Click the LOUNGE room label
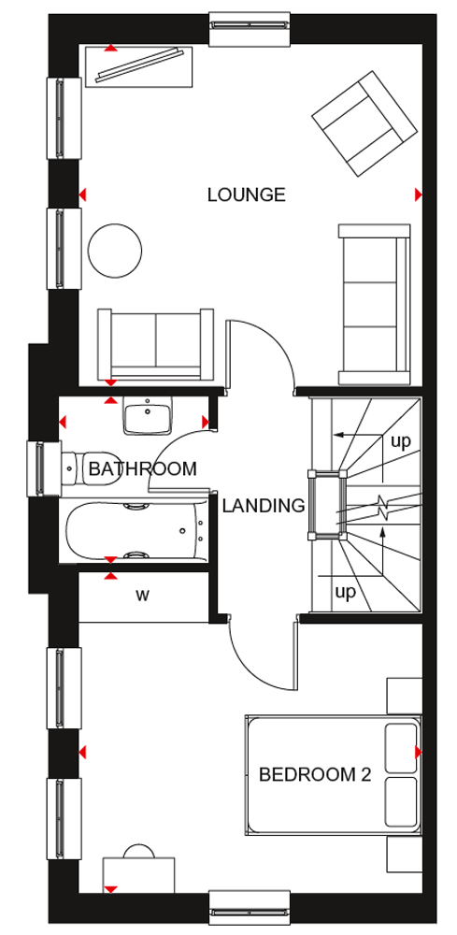[246, 195]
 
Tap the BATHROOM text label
[142, 468]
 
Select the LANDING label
[264, 506]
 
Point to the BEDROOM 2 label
[315, 774]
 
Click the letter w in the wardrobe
[142, 595]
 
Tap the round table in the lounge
[115, 251]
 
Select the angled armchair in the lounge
[364, 123]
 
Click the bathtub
[136, 531]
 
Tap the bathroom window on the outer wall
[43, 467]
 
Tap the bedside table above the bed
[404, 696]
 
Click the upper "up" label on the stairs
[400, 442]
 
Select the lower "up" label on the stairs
[345, 592]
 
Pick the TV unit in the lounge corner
[139, 66]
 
